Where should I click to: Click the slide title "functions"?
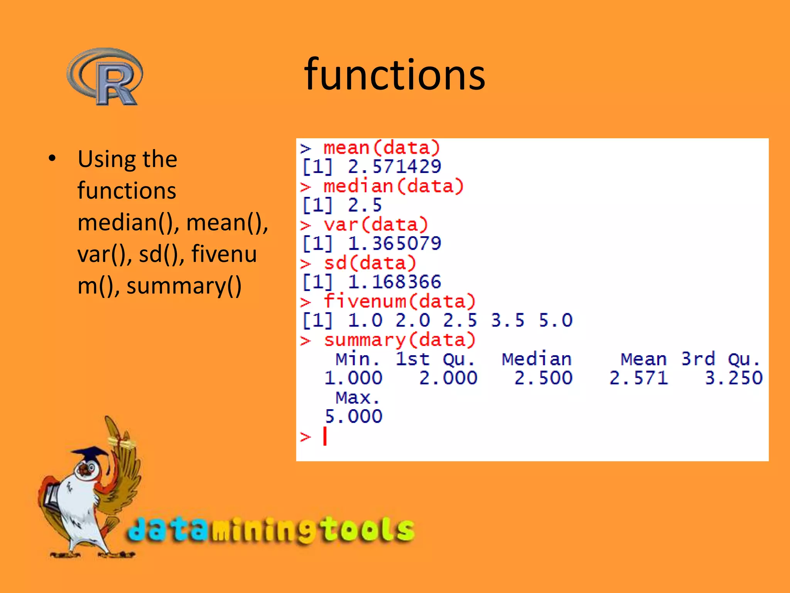(394, 74)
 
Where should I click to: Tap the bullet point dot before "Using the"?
(52, 158)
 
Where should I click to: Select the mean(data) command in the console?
(381, 148)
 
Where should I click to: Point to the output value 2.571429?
(394, 167)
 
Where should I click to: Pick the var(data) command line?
(375, 225)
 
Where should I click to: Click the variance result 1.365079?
(394, 244)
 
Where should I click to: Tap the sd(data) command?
(370, 263)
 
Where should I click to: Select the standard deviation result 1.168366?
(394, 282)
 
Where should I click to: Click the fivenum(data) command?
(399, 301)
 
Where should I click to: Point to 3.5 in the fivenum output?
(508, 320)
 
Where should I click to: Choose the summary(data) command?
(399, 340)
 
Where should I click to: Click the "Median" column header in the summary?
(536, 359)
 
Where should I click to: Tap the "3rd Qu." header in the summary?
(720, 359)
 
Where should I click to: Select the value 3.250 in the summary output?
(734, 378)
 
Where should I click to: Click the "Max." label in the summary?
(357, 398)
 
